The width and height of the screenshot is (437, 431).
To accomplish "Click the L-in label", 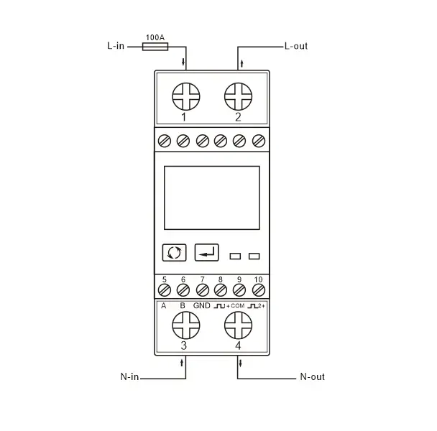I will coord(116,46).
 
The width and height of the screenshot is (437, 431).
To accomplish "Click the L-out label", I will coord(295,46).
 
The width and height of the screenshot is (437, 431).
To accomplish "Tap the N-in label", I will coord(129,376).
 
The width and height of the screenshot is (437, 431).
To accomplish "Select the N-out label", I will coord(310,376).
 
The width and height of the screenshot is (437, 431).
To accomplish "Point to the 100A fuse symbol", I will coord(156,46).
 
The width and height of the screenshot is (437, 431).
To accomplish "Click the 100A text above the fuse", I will coord(156,36).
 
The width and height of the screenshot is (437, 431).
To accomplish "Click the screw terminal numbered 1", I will coord(185,95).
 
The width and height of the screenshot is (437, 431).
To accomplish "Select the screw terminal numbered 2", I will coord(238,95).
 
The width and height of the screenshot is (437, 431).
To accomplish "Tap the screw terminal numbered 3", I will coord(185,327).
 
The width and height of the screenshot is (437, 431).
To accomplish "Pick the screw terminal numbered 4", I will coord(238,327).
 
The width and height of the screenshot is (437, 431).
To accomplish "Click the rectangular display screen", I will coord(211,197).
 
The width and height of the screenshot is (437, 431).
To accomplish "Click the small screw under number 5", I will coord(164,289).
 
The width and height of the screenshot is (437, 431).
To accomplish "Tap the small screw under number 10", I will coord(259,289).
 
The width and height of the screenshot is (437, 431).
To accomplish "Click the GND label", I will coord(202,306).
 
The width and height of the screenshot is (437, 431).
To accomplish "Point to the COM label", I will coord(238,307).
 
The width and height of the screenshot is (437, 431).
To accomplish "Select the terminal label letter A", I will coord(164,306).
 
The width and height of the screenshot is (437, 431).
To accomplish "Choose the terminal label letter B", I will coord(183,306).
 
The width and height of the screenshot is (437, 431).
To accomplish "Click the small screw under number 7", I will coord(202,289).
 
